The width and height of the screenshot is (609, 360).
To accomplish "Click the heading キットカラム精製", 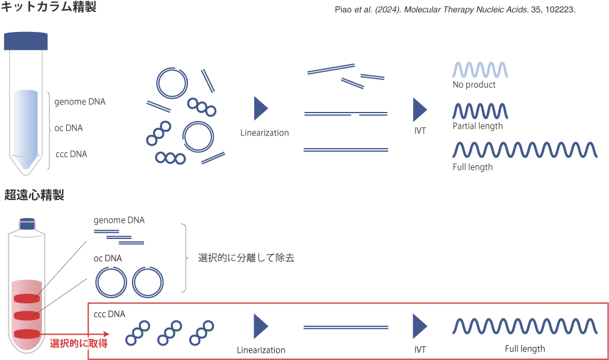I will [x=48, y=7].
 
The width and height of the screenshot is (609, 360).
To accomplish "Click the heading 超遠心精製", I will [x=34, y=195].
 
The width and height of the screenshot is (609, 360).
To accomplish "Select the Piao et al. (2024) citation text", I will [x=455, y=10].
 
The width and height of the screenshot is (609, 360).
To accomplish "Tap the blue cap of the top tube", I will [x=25, y=41].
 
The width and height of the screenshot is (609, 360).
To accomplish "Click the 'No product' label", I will [x=474, y=85].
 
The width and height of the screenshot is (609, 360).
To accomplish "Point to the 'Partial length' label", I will [x=477, y=126].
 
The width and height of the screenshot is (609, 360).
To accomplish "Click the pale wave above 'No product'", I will [x=480, y=70].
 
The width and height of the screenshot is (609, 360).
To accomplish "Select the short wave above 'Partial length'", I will [x=480, y=111].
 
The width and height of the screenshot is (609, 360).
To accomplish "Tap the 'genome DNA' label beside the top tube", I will [x=80, y=102].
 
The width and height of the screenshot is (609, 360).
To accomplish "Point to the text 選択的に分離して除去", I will [x=246, y=258].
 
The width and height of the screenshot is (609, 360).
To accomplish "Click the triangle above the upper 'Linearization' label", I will [x=261, y=109].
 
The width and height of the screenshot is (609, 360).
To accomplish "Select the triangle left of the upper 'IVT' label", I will [x=420, y=109].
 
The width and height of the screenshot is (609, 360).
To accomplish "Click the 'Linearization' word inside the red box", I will [x=261, y=350].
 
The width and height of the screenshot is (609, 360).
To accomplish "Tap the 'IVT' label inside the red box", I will [x=420, y=349].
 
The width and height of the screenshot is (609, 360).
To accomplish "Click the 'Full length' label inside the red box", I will [x=525, y=349].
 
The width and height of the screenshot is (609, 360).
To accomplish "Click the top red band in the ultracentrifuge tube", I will [x=26, y=297].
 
